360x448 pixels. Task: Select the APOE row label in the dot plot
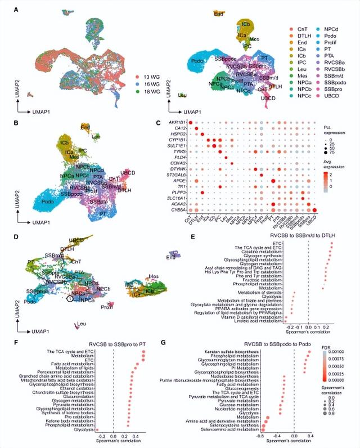[x=179, y=181]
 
